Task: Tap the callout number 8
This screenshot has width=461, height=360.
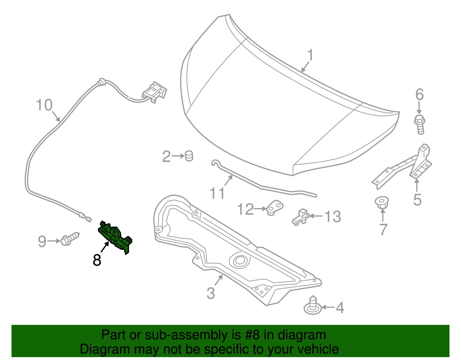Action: pos(97,260)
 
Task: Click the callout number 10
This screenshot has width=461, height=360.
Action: pos(44,105)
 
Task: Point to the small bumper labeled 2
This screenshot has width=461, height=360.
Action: pos(189,156)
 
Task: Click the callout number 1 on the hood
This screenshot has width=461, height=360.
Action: pos(310,55)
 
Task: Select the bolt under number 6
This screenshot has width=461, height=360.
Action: pos(420,124)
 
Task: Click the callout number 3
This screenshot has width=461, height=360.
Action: pos(211,293)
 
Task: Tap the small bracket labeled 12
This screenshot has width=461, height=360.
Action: pos(275,208)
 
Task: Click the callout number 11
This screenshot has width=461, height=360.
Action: pos(217,193)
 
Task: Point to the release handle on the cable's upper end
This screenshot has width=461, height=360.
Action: pos(155,92)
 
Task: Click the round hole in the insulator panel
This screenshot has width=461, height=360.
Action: pos(239,261)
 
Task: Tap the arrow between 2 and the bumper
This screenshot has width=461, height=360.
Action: pos(178,156)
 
